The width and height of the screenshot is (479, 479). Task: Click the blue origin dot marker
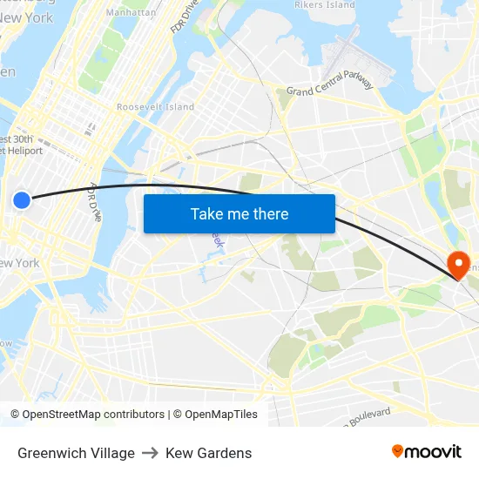click(x=22, y=200)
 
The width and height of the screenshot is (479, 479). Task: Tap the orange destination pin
click(x=457, y=263)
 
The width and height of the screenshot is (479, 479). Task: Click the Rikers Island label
click(x=325, y=5)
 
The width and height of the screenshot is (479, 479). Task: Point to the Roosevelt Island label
click(x=155, y=107)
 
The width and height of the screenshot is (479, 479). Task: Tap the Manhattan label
click(x=131, y=12)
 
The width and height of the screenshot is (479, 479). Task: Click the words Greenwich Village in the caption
click(x=76, y=453)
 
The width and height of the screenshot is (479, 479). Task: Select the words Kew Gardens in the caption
click(x=208, y=453)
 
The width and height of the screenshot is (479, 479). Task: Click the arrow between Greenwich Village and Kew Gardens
click(x=150, y=453)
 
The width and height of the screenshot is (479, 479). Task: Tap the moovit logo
click(x=426, y=451)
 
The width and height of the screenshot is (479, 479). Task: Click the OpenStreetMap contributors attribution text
click(x=93, y=415)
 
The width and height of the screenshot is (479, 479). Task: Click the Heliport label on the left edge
click(x=21, y=151)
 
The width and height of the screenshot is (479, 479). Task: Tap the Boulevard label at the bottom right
click(x=366, y=416)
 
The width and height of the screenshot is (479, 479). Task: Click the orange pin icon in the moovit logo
click(x=398, y=451)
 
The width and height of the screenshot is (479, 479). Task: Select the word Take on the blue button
click(x=206, y=214)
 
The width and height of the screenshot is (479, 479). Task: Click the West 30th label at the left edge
click(x=17, y=139)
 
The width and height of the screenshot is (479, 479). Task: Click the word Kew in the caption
click(x=179, y=453)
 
